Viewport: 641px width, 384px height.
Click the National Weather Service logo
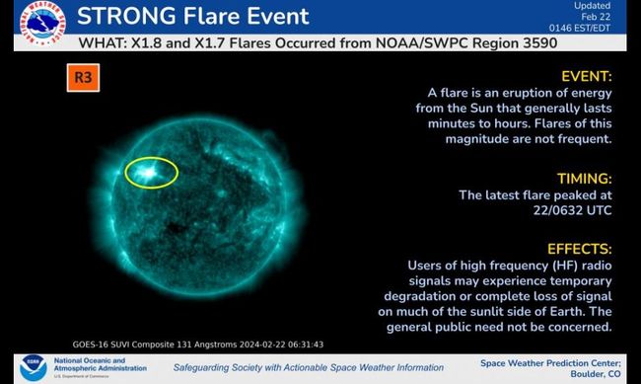[x=39, y=24]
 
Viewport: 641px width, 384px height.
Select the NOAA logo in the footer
[x=34, y=367]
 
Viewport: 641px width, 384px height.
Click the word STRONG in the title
[x=125, y=17]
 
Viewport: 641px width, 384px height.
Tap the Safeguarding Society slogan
[x=309, y=368]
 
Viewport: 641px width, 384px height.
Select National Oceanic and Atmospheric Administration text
[x=101, y=366]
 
